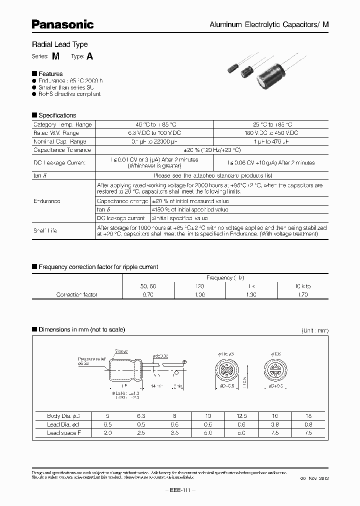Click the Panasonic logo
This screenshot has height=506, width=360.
pyautogui.click(x=62, y=23)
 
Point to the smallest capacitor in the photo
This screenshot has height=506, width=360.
pyautogui.click(x=232, y=67)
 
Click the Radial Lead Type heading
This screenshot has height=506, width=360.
pyautogui.click(x=59, y=44)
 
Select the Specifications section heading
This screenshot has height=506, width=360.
pyautogui.click(x=57, y=115)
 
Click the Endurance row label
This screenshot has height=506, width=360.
pyautogui.click(x=47, y=201)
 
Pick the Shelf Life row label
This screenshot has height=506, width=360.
pyautogui.click(x=45, y=230)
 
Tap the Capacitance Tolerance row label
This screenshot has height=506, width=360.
pyautogui.click(x=62, y=150)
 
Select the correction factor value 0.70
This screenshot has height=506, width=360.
pyautogui.click(x=148, y=295)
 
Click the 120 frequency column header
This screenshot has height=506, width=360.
pyautogui.click(x=200, y=286)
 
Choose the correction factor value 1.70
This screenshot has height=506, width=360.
pyautogui.click(x=302, y=295)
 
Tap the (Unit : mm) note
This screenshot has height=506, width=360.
pyautogui.click(x=314, y=330)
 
